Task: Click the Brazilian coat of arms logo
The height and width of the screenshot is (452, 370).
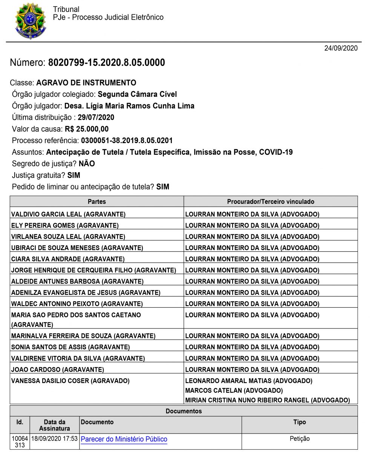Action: pos(30,21)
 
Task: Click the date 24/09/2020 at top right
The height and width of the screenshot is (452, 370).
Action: pos(341,48)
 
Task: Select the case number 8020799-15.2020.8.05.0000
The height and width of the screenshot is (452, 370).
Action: pos(106,63)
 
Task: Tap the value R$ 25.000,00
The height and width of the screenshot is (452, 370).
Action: pos(87,129)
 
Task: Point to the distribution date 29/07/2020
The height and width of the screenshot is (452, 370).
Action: pos(96,118)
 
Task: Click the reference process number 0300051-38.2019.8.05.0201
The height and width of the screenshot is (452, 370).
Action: pos(127,141)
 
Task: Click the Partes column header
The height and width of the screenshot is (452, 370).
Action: pos(97,202)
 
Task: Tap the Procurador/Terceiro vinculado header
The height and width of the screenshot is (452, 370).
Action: pos(271,202)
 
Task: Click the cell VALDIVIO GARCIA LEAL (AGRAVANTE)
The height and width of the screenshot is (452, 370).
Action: pos(68,214)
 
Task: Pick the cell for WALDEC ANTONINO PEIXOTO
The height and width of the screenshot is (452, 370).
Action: pos(77,304)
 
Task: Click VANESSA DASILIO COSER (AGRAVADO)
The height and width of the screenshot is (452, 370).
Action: pos(70,381)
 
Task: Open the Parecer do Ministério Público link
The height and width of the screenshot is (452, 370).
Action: pos(124,439)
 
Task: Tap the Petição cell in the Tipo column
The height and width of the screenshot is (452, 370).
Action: pos(300,439)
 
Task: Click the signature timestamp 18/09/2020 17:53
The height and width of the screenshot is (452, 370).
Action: pos(54,439)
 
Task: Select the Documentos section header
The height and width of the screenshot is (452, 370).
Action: pos(184,411)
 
